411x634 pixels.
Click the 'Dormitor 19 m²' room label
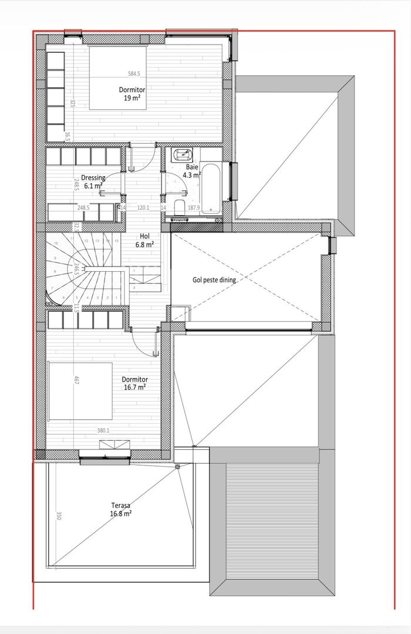pyautogui.click(x=132, y=94)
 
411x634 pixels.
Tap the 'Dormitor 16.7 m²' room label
pyautogui.click(x=134, y=383)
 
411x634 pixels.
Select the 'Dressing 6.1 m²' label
pyautogui.click(x=93, y=181)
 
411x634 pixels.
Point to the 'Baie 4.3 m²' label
pyautogui.click(x=192, y=171)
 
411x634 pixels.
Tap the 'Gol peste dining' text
pyautogui.click(x=214, y=280)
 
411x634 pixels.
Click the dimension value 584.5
pyautogui.click(x=134, y=74)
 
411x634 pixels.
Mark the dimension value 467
pyautogui.click(x=76, y=380)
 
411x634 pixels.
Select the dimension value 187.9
pyautogui.click(x=194, y=207)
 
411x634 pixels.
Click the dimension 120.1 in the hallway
pyautogui.click(x=144, y=207)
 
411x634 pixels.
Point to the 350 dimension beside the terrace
pyautogui.click(x=59, y=516)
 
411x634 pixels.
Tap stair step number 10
pyautogui.click(x=56, y=243)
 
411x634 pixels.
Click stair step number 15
pyautogui.click(x=117, y=241)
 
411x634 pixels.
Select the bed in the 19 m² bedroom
pyautogui.click(x=117, y=76)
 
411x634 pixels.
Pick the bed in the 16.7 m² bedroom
pyautogui.click(x=80, y=391)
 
